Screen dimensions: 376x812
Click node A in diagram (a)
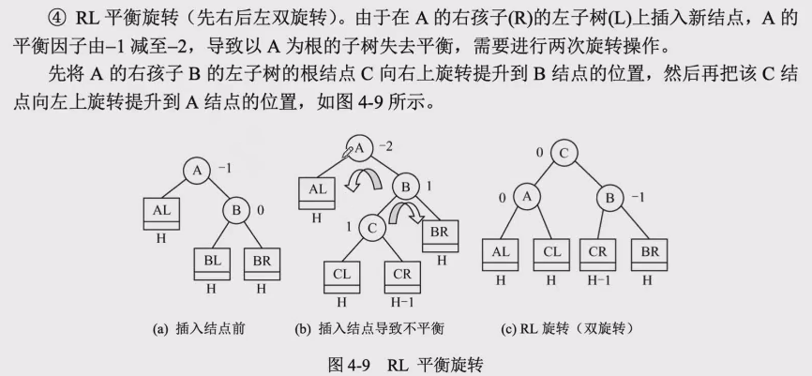[x=197, y=170]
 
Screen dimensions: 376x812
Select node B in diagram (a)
[x=235, y=211]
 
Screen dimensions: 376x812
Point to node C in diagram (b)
[x=372, y=226]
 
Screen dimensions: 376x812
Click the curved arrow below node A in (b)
[x=357, y=181]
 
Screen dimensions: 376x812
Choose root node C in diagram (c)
[x=564, y=153]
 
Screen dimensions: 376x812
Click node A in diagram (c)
[x=527, y=197]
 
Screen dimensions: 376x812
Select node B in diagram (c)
[x=609, y=197]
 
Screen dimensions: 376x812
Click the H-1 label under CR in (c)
[x=598, y=279]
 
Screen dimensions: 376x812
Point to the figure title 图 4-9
[x=352, y=362]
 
